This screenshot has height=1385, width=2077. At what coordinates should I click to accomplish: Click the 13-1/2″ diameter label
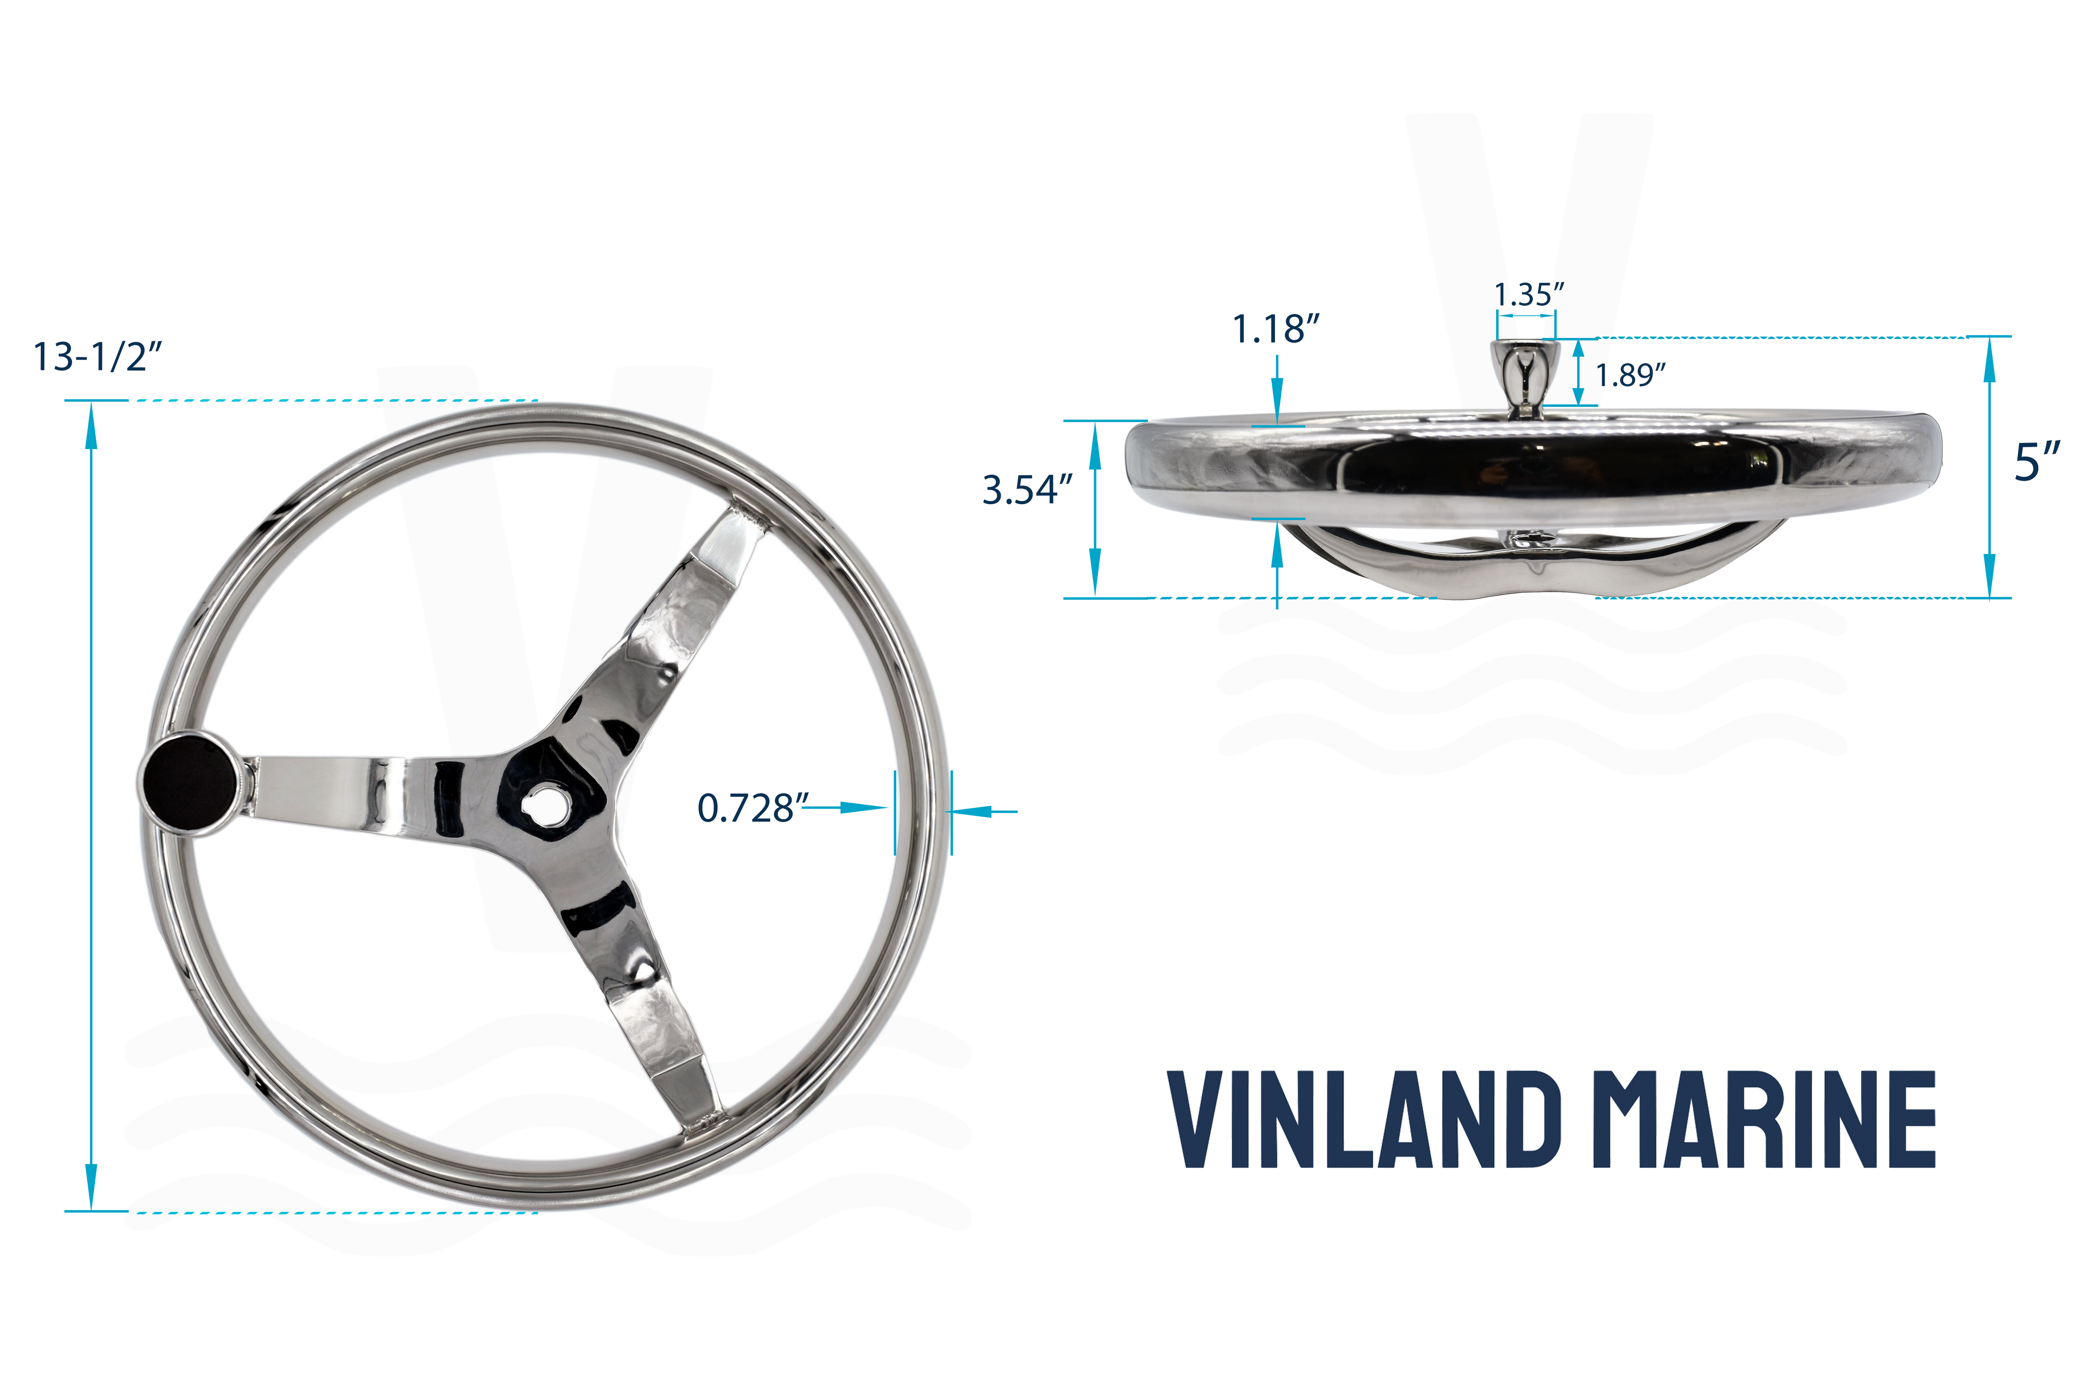pyautogui.click(x=97, y=357)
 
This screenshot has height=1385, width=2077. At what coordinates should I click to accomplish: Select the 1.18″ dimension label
pyautogui.click(x=1275, y=329)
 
